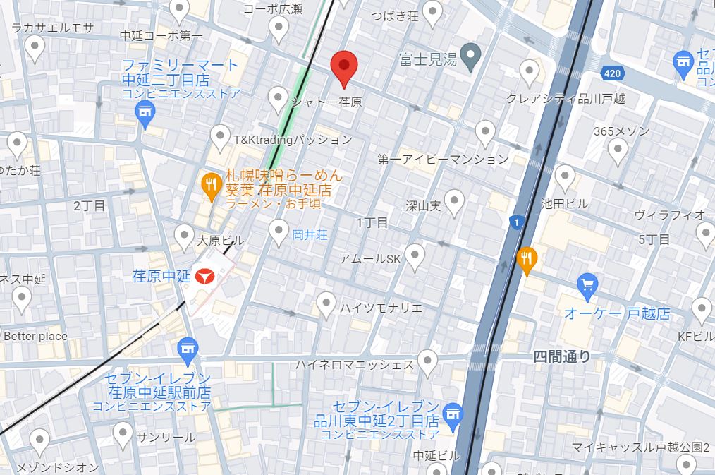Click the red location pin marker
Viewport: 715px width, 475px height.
pos(344,66)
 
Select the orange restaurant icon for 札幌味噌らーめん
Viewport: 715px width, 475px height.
pos(210,186)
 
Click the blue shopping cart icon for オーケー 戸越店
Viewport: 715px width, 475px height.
pos(587,286)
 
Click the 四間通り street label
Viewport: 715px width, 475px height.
pos(562,357)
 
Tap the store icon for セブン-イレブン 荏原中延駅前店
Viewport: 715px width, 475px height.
pos(187,347)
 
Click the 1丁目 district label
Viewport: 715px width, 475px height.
pos(371,222)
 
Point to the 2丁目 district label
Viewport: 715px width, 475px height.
pos(90,205)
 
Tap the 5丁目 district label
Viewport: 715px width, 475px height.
pos(654,240)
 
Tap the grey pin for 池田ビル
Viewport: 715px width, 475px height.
pos(565,176)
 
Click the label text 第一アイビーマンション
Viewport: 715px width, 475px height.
pos(442,160)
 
